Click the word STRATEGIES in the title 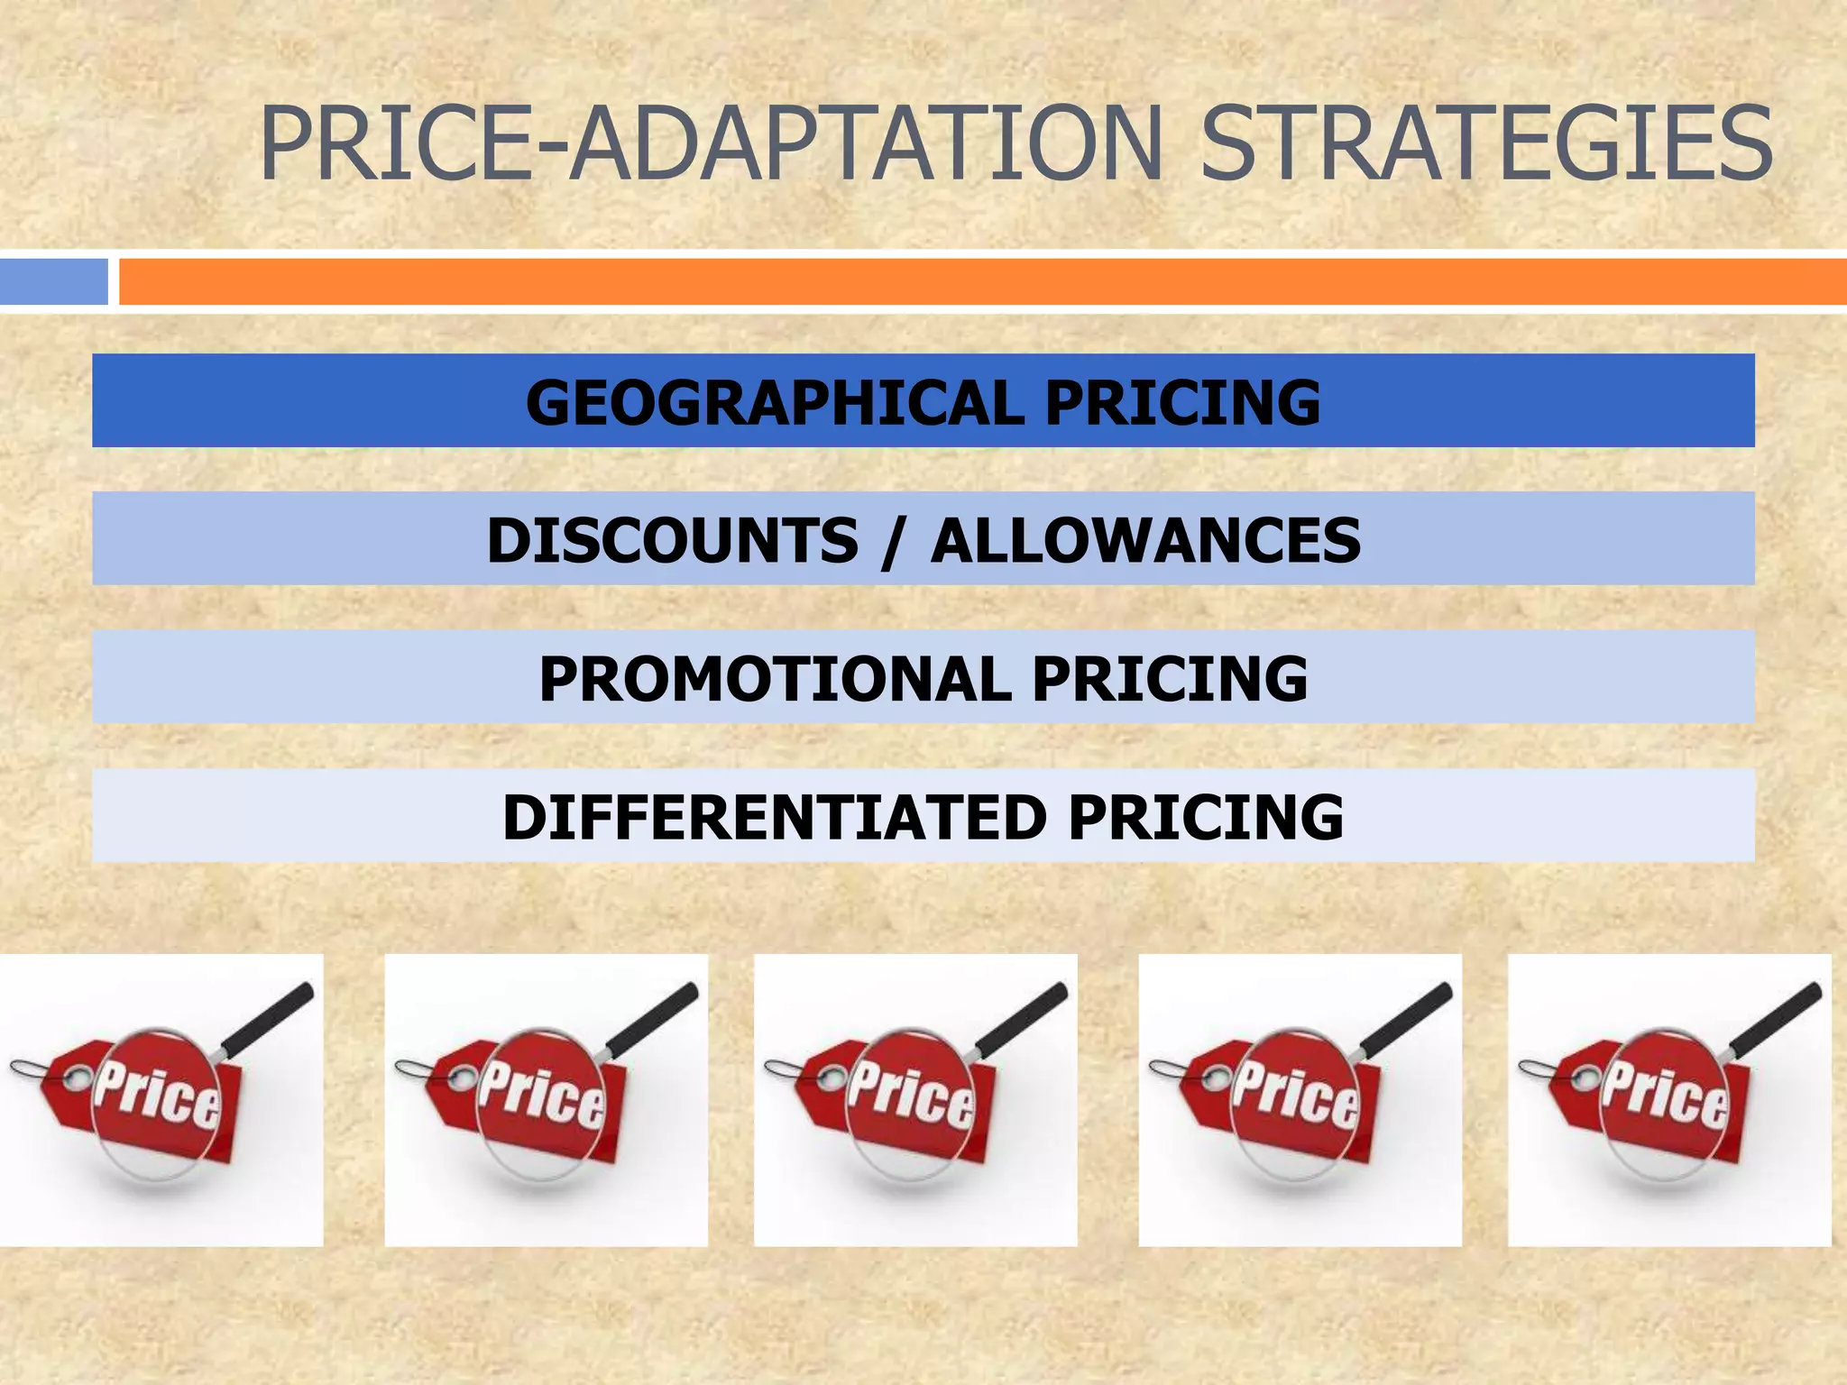point(1486,142)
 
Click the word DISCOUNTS point(673,540)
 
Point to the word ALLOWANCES point(1145,540)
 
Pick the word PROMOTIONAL point(775,678)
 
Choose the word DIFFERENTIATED point(774,817)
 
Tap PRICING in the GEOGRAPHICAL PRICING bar point(1182,402)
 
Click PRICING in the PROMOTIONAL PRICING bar point(1170,678)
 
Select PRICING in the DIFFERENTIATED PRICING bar point(1206,817)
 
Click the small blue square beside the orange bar point(53,281)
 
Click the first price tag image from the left point(161,1100)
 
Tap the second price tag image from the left point(546,1100)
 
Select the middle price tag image point(915,1100)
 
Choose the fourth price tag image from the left point(1300,1100)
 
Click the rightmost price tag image point(1669,1100)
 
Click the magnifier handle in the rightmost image point(1776,1020)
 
